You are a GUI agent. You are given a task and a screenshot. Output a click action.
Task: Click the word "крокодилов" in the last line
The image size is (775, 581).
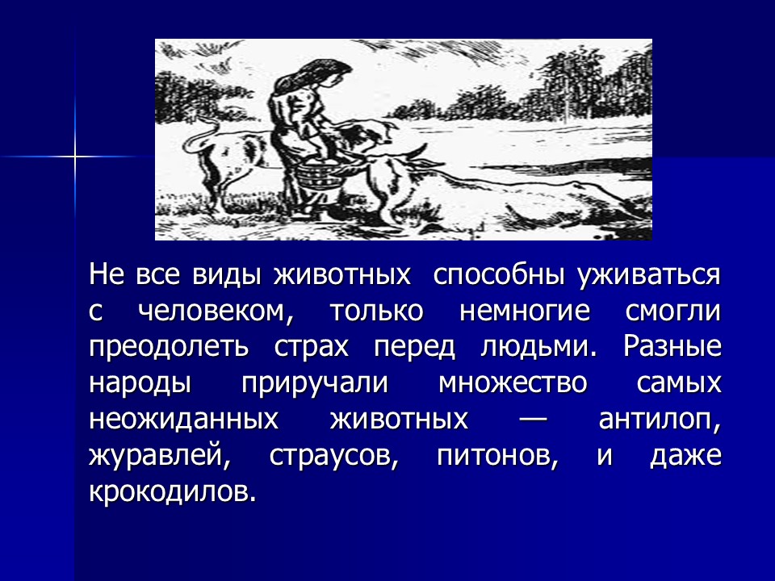coord(172,491)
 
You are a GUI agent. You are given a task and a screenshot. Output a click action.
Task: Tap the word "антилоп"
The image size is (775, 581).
coord(660,420)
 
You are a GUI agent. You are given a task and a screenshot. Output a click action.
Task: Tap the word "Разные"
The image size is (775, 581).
coord(672,347)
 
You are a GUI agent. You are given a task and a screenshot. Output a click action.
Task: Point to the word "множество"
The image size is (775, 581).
coord(512,383)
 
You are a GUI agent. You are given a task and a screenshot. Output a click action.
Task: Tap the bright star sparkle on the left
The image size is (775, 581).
coord(74,155)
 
